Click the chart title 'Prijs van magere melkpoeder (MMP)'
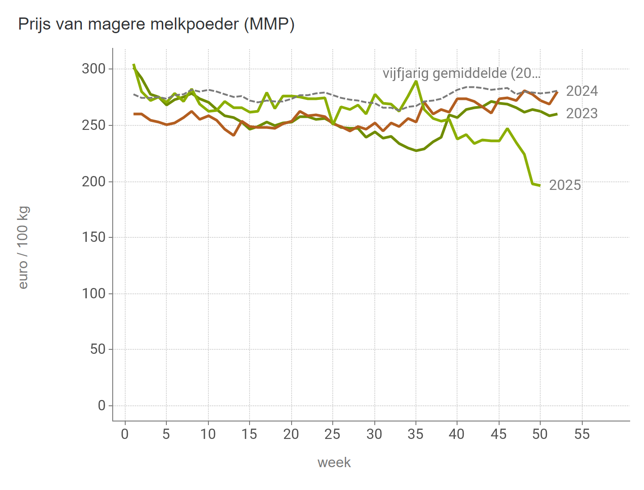click(156, 24)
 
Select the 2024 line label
click(581, 91)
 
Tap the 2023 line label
click(581, 114)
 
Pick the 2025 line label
click(564, 185)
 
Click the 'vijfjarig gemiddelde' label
click(461, 73)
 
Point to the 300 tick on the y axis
click(93, 69)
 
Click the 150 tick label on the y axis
click(93, 237)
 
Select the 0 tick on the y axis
click(102, 406)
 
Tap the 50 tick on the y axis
click(97, 349)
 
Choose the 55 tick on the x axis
click(582, 434)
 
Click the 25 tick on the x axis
click(333, 434)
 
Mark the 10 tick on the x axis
click(208, 434)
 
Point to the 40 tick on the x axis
click(457, 434)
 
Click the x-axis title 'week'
click(334, 463)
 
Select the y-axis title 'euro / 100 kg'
click(23, 247)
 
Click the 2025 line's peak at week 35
click(416, 81)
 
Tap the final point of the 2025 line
click(540, 185)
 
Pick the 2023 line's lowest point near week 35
click(416, 150)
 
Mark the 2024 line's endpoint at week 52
click(557, 92)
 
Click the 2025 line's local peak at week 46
click(507, 129)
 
